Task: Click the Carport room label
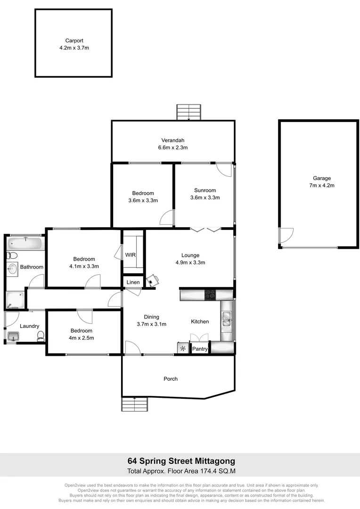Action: click(x=74, y=41)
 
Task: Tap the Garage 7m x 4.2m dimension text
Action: click(x=322, y=186)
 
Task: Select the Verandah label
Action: click(x=173, y=140)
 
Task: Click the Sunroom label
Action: click(x=205, y=190)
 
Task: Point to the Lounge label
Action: click(x=190, y=255)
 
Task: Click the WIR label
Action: click(x=130, y=255)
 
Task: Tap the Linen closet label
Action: click(x=133, y=282)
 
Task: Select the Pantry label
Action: click(x=200, y=349)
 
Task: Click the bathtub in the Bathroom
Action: click(x=25, y=244)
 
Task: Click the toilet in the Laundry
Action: click(x=41, y=336)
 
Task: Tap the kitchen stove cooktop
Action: click(x=210, y=295)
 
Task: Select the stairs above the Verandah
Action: click(x=189, y=112)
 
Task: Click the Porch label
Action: click(x=171, y=378)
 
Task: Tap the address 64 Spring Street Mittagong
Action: click(x=181, y=460)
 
